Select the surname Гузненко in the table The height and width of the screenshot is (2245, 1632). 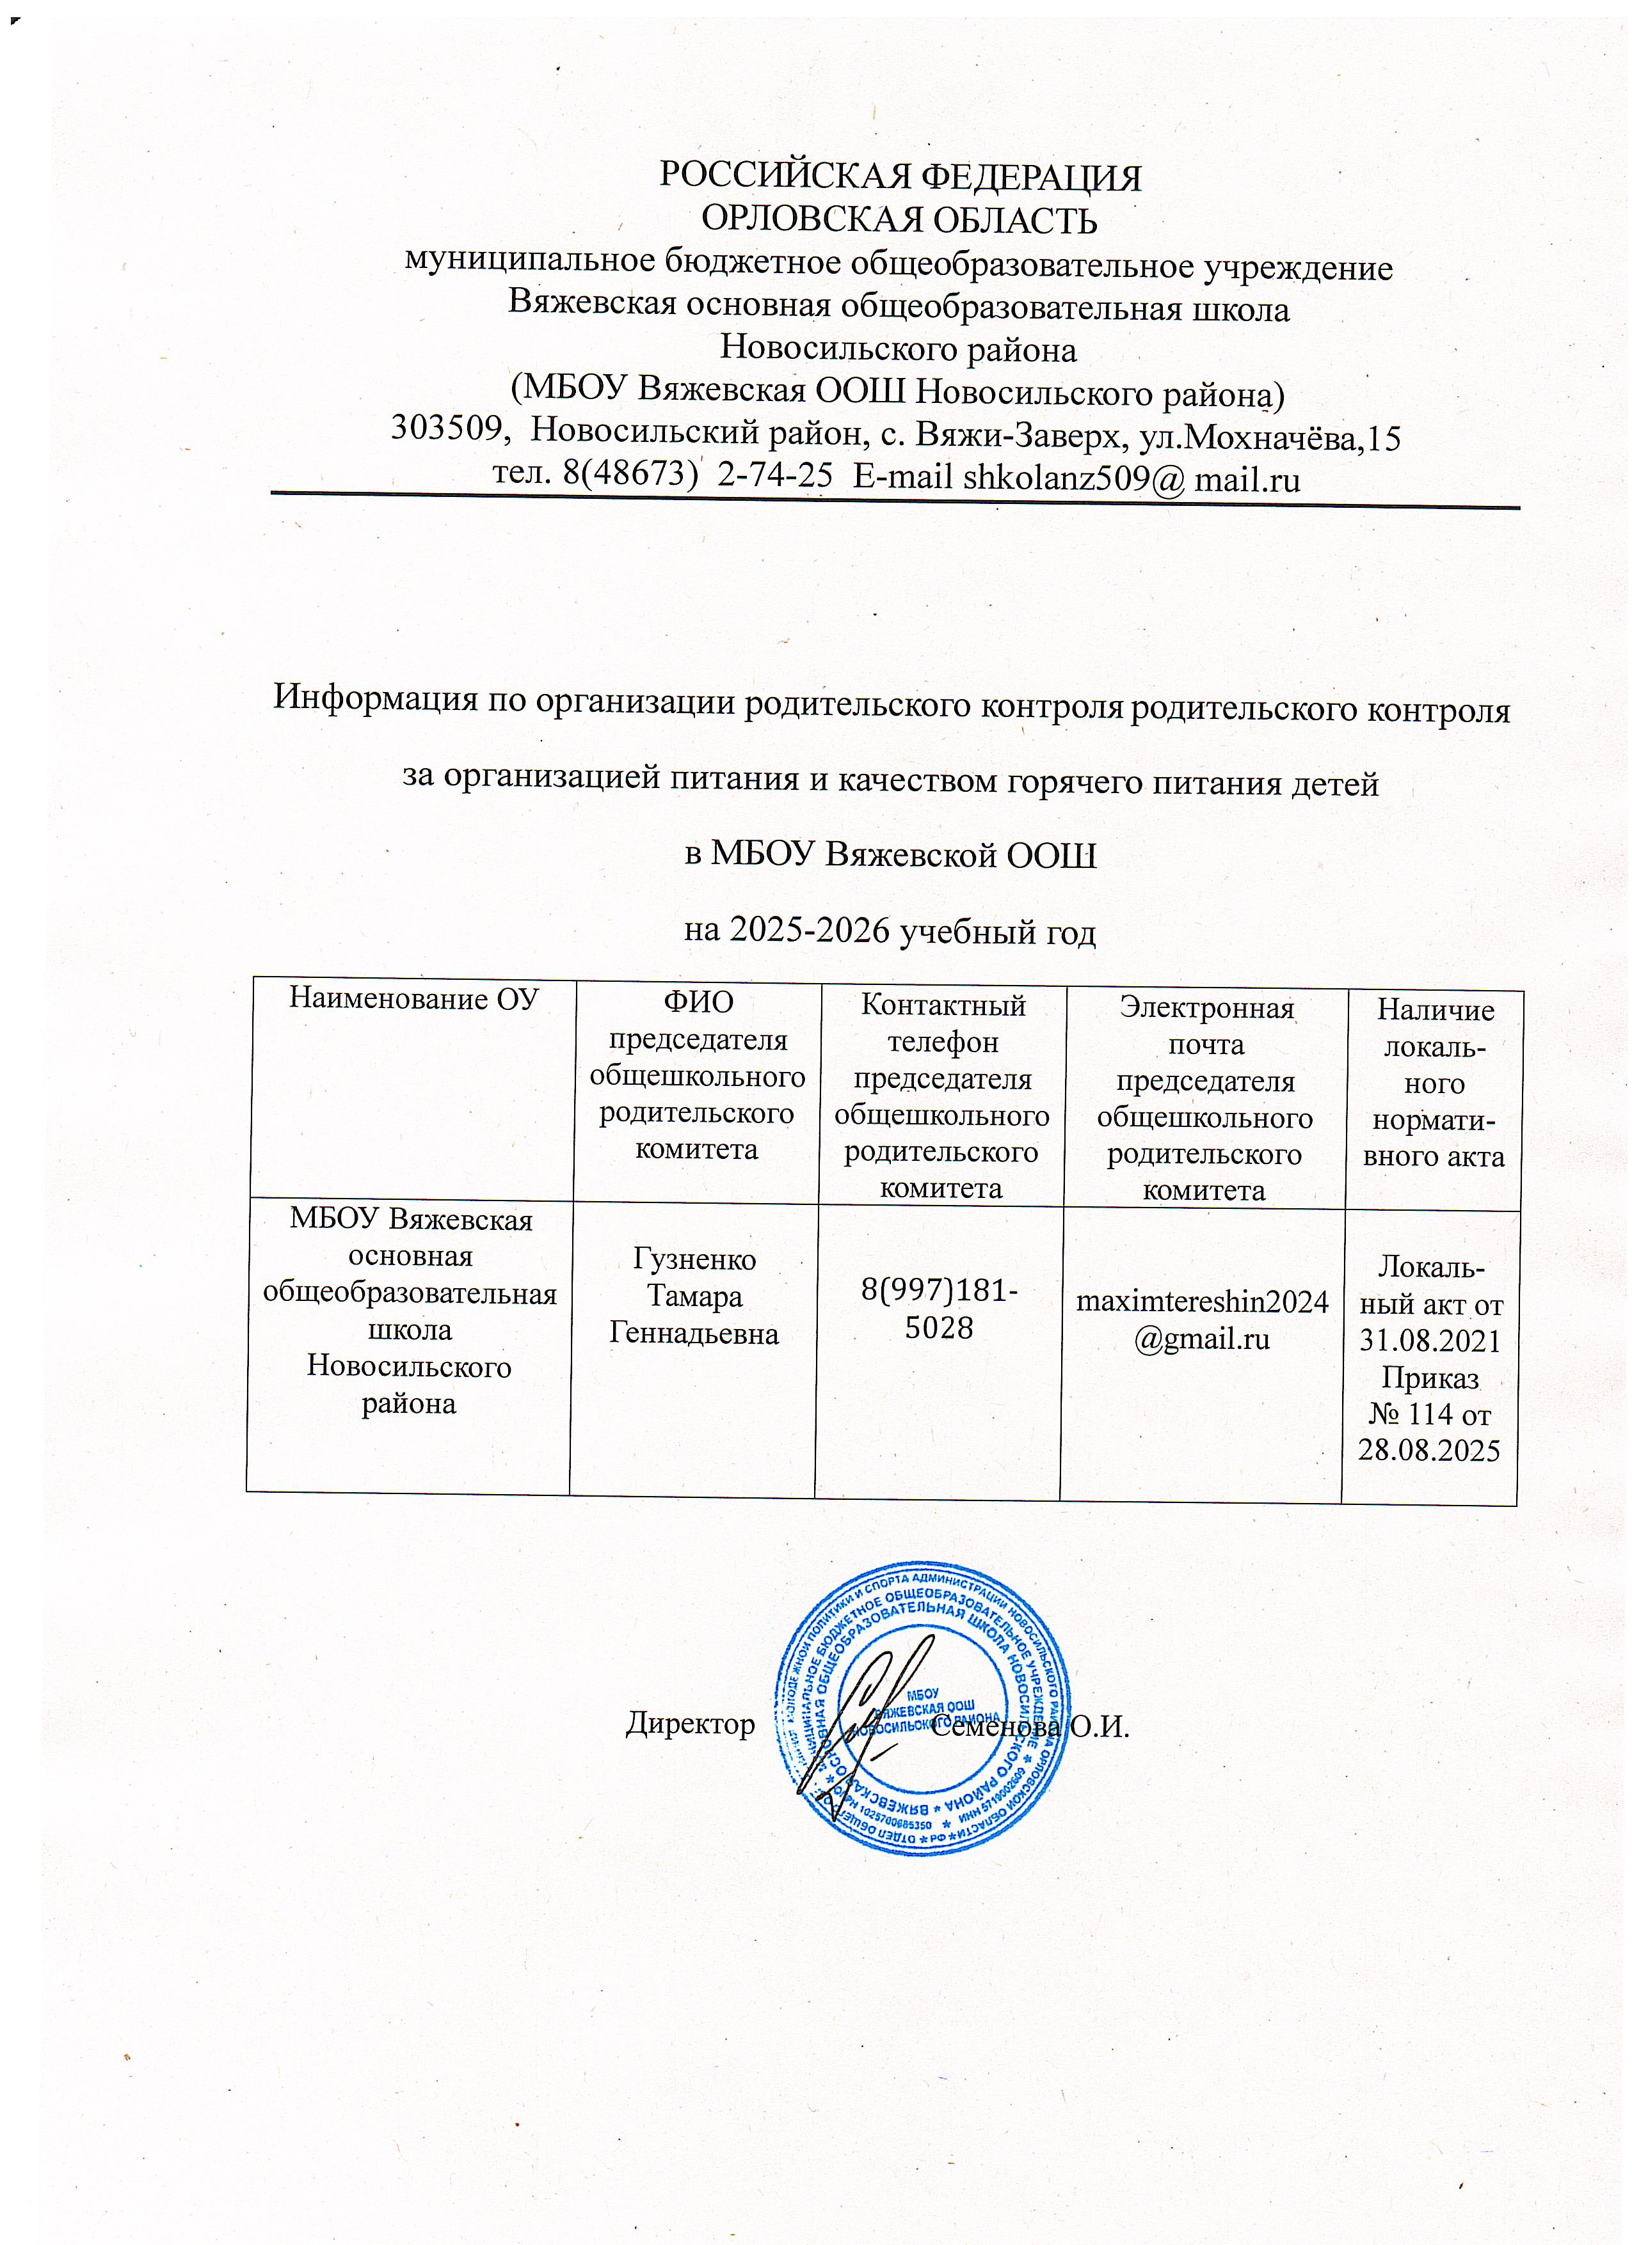pos(694,1260)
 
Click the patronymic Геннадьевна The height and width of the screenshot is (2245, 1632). pos(694,1334)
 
